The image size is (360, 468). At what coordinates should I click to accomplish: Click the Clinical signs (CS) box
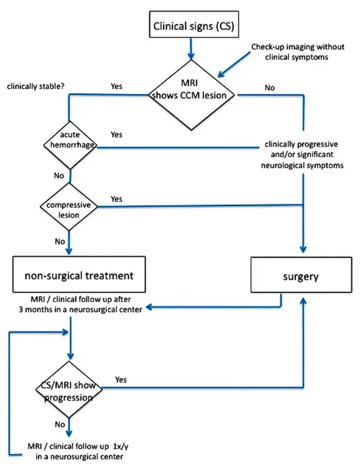click(194, 24)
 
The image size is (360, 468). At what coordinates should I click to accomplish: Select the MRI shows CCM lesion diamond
click(191, 95)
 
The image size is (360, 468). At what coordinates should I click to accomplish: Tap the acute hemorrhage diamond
click(71, 145)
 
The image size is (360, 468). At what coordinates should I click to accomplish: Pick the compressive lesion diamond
click(69, 207)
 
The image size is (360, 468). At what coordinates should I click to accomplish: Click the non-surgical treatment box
click(79, 275)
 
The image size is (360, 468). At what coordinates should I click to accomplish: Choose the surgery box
click(301, 275)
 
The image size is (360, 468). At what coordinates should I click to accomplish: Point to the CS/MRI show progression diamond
click(69, 389)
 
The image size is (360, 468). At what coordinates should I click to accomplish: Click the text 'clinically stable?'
click(36, 86)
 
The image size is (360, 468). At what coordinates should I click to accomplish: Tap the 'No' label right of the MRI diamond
click(269, 88)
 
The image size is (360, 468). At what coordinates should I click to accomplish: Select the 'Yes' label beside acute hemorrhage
click(117, 135)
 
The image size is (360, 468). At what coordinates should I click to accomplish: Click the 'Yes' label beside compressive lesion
click(117, 199)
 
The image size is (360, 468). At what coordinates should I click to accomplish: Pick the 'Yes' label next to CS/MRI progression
click(121, 380)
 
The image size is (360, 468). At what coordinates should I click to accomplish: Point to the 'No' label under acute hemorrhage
click(59, 175)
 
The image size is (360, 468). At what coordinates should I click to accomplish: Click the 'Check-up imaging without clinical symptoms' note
click(298, 51)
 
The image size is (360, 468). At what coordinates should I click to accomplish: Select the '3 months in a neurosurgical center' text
click(80, 310)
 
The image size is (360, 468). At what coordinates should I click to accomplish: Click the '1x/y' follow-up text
click(121, 446)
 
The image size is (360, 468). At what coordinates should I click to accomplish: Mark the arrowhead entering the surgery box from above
click(303, 250)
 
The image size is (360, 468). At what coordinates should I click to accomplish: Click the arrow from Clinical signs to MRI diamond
click(191, 48)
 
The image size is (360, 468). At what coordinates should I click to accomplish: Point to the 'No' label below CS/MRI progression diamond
click(60, 424)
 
